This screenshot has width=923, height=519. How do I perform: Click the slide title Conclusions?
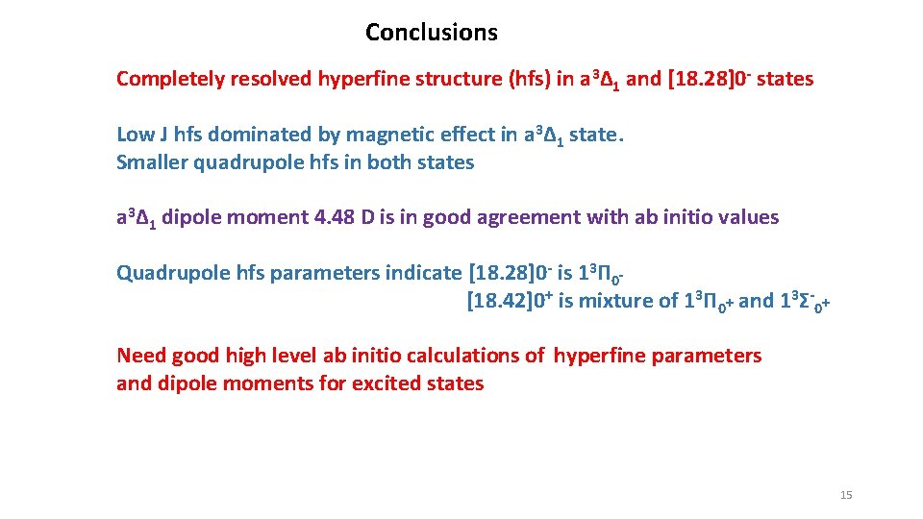click(x=431, y=33)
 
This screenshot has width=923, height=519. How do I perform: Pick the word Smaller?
click(x=152, y=162)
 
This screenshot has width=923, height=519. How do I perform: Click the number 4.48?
click(x=336, y=217)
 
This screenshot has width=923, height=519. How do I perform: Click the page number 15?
click(x=846, y=495)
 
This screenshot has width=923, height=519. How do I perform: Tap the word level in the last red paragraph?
click(x=291, y=356)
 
